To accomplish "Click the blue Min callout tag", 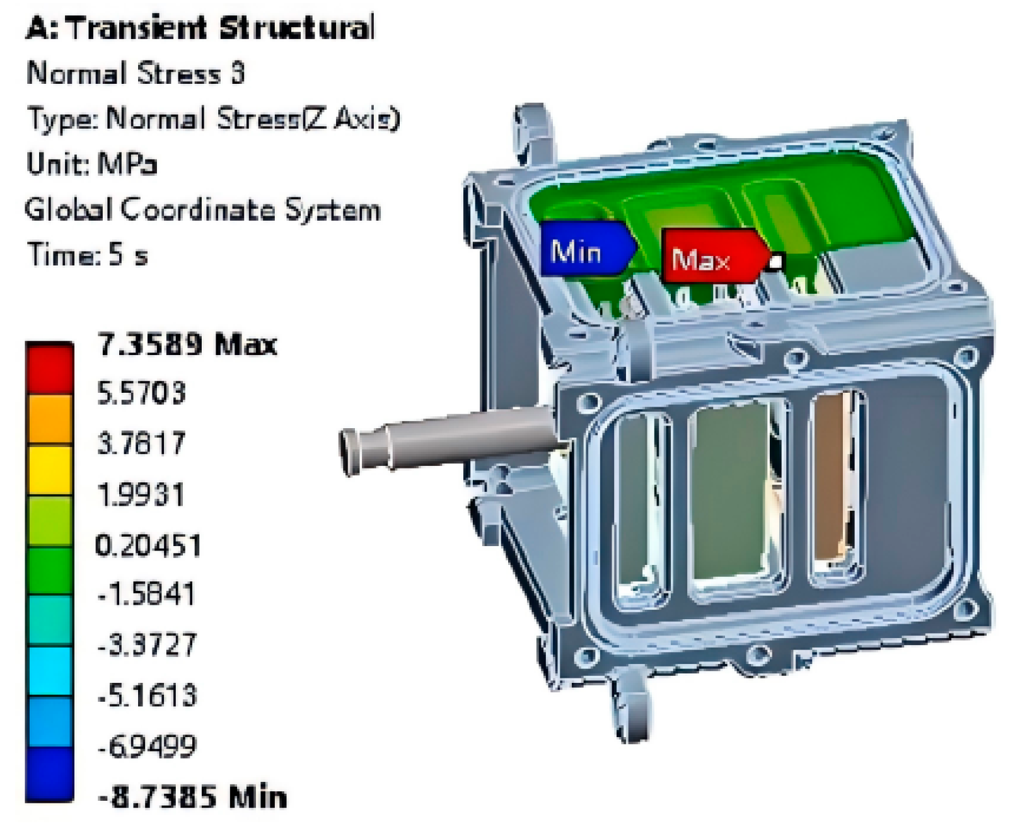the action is (588, 248).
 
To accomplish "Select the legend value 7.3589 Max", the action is (187, 344).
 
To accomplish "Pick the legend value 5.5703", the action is (141, 393).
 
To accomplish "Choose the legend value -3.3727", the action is (147, 645).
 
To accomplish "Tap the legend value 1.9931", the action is (140, 494).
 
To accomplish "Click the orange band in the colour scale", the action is (50, 419).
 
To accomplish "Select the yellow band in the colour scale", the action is (50, 470).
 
